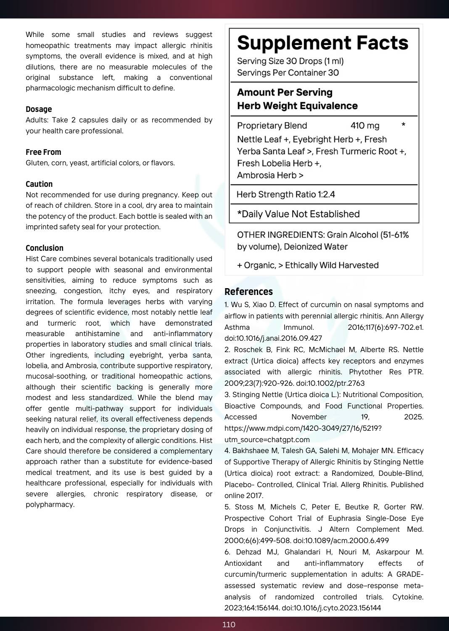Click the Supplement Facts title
point(322,43)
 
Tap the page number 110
point(229,624)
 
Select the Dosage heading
point(39,109)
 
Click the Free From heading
point(43,152)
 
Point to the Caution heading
point(39,184)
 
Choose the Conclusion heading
point(45,248)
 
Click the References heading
point(248,292)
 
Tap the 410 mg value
point(365,126)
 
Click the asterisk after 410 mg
point(403,125)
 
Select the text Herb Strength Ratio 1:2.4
point(286,194)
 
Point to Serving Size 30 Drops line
point(290,61)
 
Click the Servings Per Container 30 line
point(288,73)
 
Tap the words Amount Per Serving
point(285,93)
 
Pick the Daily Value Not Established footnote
point(298,214)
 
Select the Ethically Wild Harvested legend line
point(308,265)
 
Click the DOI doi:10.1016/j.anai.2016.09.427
point(273,338)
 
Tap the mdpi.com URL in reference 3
point(303,428)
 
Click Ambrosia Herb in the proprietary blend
point(267,175)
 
